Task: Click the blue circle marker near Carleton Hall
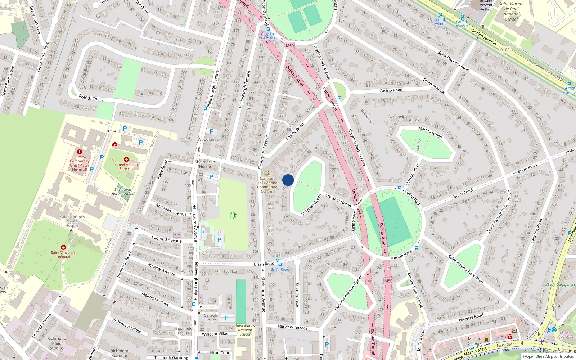pos(288,180)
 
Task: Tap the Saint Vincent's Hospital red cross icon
pos(63,247)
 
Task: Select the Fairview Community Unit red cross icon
pos(80,152)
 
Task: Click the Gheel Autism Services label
pos(126,167)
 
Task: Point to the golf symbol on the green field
pos(233,215)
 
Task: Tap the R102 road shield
pos(505,50)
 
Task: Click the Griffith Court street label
pos(91,98)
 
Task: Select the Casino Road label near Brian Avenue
pos(391,90)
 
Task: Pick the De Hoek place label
pos(396,117)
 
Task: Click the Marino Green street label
pos(430,132)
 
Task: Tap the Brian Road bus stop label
pos(280,269)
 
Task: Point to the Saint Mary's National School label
pos(245,330)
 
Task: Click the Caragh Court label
pos(211,318)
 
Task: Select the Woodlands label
pos(208,139)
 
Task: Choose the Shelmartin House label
pos(205,164)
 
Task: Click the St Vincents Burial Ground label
pos(123,192)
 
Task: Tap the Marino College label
pos(474,341)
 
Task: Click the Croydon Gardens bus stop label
pos(268,36)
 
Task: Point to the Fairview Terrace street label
pos(293,327)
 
